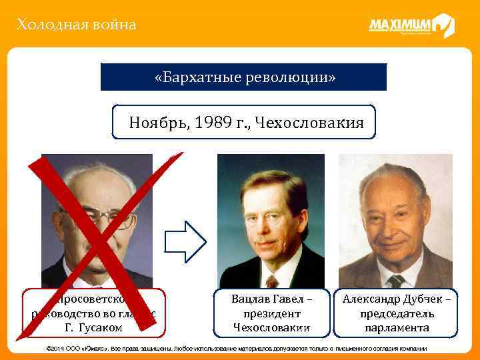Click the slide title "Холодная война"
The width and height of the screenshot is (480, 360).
point(77,25)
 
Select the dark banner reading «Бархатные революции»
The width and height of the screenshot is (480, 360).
point(244,77)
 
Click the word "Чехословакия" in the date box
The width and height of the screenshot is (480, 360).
point(313,123)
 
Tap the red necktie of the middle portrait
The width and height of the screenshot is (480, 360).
point(271,280)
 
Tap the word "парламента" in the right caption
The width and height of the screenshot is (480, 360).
point(397,327)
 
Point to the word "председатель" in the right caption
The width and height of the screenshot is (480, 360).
point(397,313)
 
